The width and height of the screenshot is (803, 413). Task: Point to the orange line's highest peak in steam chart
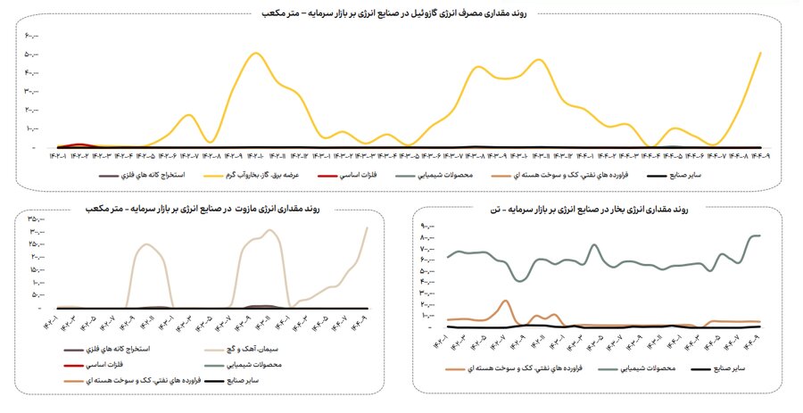pos(505,301)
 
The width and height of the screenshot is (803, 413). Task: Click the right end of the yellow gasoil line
pos(760,53)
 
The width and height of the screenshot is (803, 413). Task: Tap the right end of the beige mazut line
pos(367,227)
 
